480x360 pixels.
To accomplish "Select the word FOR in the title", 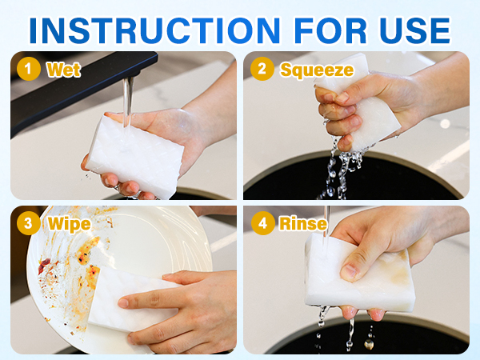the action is coord(330,30).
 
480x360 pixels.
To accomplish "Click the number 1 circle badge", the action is coord(29,69).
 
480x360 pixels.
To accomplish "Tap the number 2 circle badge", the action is coord(262,69).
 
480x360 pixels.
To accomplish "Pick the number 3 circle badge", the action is coord(29,223).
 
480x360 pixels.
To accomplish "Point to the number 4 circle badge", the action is coord(262,223).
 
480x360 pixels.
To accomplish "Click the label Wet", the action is coord(64,70).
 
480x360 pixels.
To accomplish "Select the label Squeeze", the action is coord(317,70).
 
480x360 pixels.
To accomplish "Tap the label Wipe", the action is coord(70,224).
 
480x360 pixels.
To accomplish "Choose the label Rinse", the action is coord(303,224).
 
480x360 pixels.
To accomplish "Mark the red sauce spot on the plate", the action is coord(44,265).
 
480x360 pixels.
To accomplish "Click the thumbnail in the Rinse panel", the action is coord(348,272).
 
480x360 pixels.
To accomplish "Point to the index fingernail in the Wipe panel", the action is coord(123,302).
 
